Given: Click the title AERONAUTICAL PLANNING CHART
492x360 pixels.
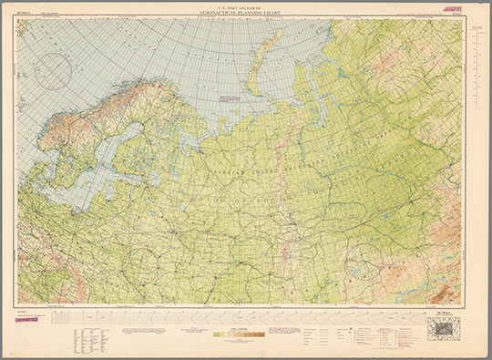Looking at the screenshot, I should coord(246,15).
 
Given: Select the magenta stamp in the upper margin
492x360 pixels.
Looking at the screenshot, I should coord(451,8).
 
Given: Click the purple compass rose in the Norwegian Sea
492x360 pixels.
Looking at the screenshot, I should coord(53,71).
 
